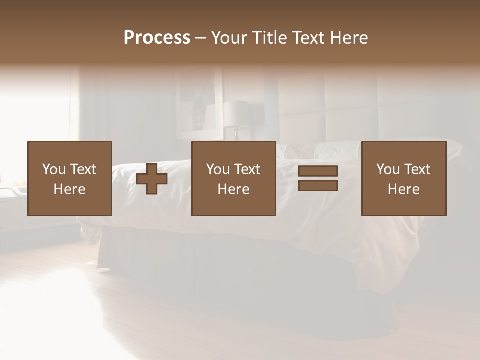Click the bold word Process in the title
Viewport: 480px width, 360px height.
click(157, 38)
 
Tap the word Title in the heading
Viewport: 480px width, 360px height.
click(270, 38)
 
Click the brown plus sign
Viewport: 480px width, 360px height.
click(152, 178)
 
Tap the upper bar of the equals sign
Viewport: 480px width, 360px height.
click(318, 171)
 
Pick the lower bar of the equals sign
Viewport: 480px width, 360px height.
click(318, 186)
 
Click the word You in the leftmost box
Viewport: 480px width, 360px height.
click(53, 169)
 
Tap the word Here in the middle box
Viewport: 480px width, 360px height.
click(233, 189)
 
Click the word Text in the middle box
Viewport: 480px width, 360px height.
click(247, 169)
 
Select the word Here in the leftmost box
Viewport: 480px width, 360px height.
click(69, 189)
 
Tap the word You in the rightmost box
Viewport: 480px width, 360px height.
click(387, 169)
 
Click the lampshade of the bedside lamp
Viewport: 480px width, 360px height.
click(235, 114)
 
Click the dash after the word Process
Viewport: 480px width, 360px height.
click(201, 38)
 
